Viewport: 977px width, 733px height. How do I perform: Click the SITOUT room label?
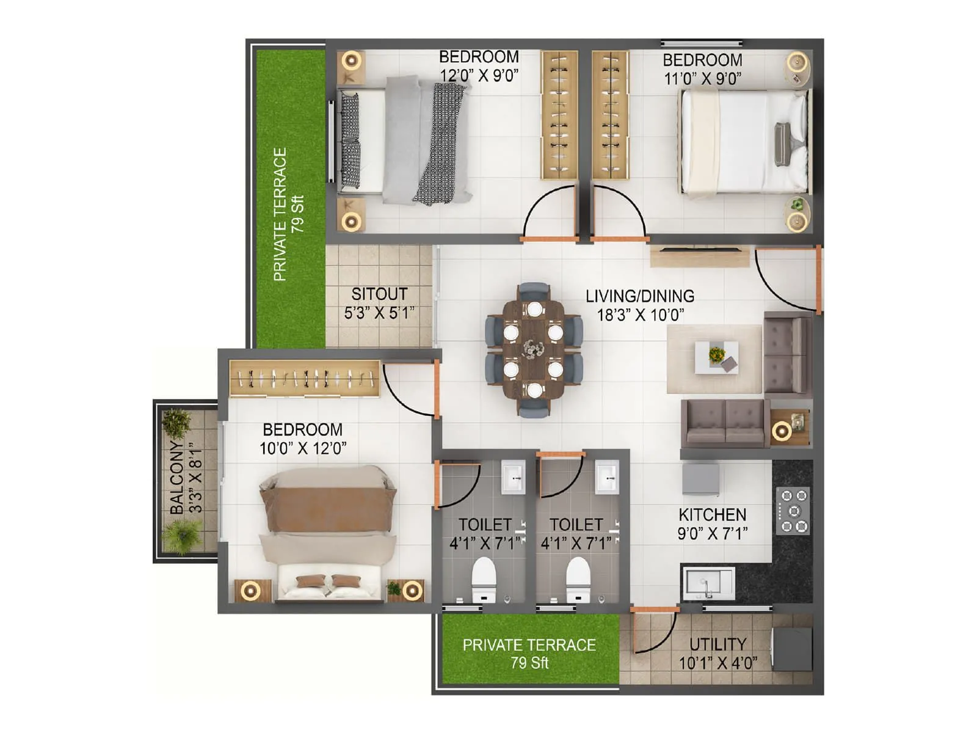click(x=379, y=294)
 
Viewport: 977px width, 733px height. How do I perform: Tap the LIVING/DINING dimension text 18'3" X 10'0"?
click(x=640, y=315)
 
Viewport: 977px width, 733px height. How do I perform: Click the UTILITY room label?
click(x=717, y=644)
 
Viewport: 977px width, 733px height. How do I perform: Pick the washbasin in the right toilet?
click(x=607, y=477)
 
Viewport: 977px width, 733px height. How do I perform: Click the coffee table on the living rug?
click(x=717, y=357)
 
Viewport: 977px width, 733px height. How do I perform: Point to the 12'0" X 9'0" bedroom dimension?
click(x=479, y=76)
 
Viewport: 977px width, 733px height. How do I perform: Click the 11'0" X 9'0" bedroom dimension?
click(x=702, y=78)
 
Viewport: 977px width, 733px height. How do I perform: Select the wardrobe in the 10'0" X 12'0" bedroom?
click(x=304, y=378)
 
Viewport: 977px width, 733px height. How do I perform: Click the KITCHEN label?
click(x=712, y=515)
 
